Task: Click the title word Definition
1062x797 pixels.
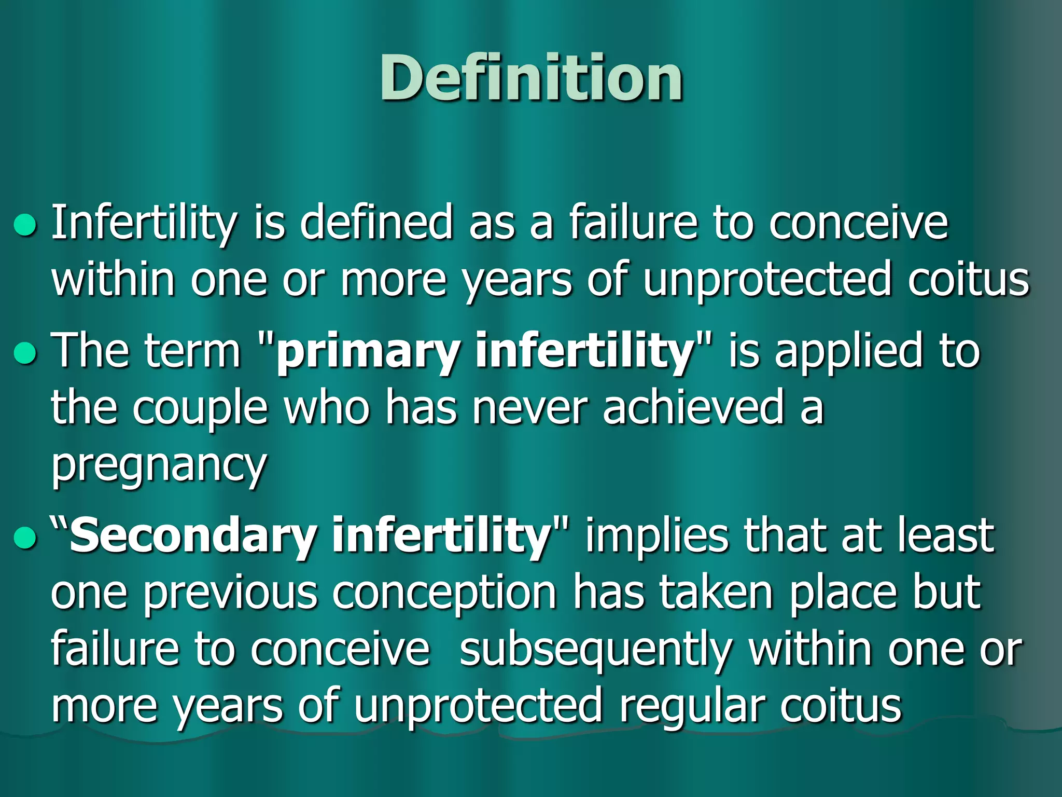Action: [x=531, y=79]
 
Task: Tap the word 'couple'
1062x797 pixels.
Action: [x=200, y=408]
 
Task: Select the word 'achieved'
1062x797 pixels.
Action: [x=693, y=408]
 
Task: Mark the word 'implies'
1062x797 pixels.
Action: [x=656, y=535]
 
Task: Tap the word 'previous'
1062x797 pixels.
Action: [x=230, y=594]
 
